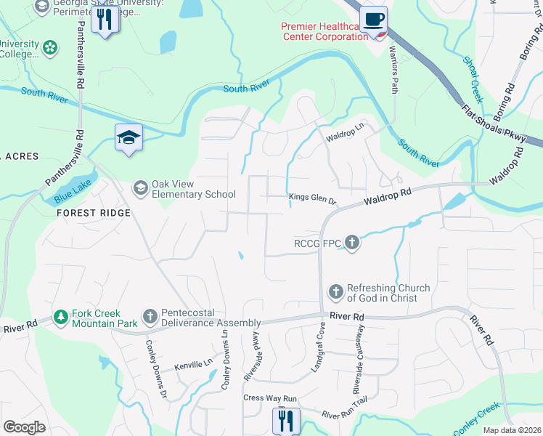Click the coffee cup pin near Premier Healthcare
(x=373, y=20)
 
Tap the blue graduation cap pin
(x=128, y=137)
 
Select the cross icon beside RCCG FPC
(x=352, y=243)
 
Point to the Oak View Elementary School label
(x=193, y=194)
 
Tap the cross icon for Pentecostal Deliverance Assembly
(x=150, y=317)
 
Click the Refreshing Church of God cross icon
(x=335, y=292)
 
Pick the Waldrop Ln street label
(x=344, y=136)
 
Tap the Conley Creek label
(x=477, y=419)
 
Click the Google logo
(x=25, y=427)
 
